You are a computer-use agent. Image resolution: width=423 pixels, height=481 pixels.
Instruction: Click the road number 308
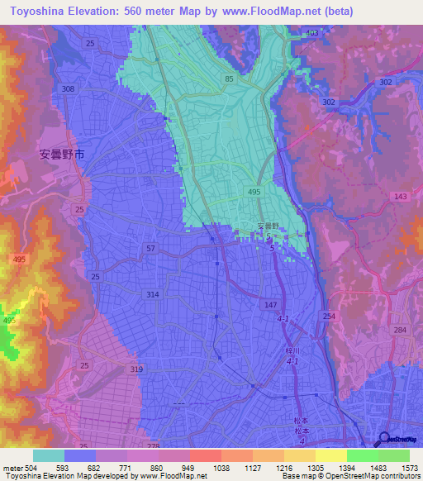tap(68, 88)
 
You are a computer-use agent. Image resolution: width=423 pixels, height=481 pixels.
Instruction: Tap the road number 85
tap(228, 79)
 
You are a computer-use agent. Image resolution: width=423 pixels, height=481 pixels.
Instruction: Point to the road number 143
tap(401, 196)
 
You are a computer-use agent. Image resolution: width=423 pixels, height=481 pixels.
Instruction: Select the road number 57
tap(150, 248)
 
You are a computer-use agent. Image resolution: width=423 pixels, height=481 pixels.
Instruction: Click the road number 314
tap(152, 294)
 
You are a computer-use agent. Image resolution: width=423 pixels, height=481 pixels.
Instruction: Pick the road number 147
tap(270, 305)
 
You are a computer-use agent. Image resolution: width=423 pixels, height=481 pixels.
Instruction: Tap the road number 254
tap(328, 317)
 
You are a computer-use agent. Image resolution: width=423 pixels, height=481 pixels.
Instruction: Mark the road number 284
tap(401, 331)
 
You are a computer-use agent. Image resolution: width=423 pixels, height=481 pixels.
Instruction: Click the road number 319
tap(136, 369)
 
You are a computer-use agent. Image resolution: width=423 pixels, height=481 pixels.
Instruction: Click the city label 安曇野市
tap(62, 155)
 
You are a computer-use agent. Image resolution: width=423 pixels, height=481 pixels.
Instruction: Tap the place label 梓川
tap(291, 350)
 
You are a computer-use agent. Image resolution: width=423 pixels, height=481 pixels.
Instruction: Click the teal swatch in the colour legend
tap(49, 455)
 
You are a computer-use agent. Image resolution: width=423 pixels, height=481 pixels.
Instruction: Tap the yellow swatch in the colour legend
tap(330, 455)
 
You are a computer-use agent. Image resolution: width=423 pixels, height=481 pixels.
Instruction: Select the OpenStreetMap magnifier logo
tap(384, 440)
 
